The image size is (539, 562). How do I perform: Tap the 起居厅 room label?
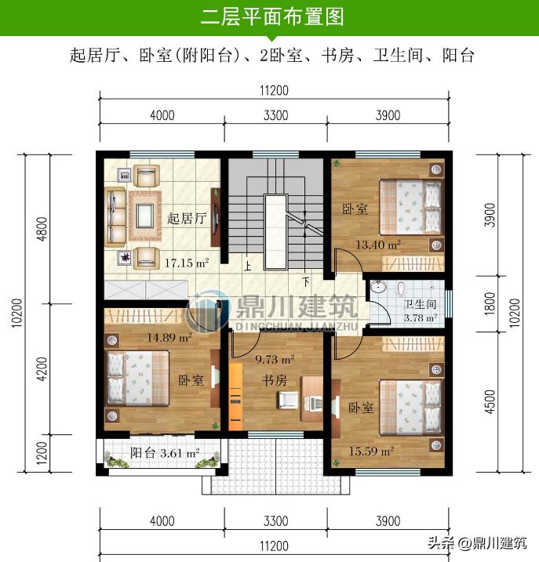(x=187, y=219)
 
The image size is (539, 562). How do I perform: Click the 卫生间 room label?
(x=420, y=305)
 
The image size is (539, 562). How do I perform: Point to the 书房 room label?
(x=274, y=381)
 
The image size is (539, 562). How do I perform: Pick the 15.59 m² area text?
(x=371, y=451)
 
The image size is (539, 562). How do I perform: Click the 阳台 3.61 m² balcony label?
(x=165, y=453)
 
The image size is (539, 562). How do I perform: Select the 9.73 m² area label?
(x=275, y=360)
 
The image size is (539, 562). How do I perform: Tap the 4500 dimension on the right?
(x=490, y=401)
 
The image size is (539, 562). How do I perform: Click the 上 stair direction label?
(x=248, y=266)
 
